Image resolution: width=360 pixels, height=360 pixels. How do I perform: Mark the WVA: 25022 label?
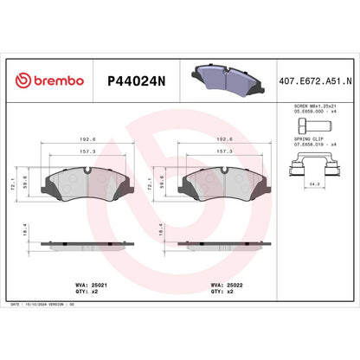click(x=224, y=283)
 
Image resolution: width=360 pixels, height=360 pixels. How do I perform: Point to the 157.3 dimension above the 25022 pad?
click(x=223, y=150)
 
